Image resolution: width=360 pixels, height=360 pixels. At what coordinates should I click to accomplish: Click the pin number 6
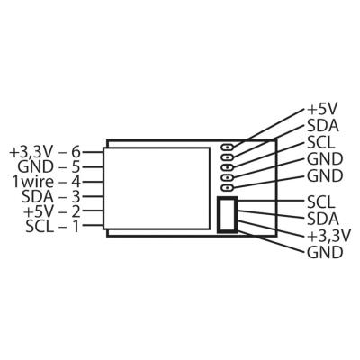pyautogui.click(x=76, y=152)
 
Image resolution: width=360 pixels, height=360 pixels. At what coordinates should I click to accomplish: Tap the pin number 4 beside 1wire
pyautogui.click(x=76, y=182)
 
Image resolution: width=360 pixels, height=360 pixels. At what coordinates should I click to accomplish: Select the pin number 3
pyautogui.click(x=76, y=197)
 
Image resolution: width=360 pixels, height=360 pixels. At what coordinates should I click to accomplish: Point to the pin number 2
pyautogui.click(x=76, y=211)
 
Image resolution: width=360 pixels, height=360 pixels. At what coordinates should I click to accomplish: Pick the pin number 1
pyautogui.click(x=76, y=226)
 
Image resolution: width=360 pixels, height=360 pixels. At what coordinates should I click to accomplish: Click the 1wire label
pyautogui.click(x=33, y=182)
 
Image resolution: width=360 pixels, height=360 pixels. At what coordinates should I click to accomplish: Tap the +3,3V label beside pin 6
pyautogui.click(x=31, y=153)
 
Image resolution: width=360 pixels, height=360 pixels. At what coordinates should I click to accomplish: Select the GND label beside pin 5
pyautogui.click(x=36, y=167)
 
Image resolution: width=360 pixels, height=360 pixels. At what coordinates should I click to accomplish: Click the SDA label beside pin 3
pyautogui.click(x=38, y=197)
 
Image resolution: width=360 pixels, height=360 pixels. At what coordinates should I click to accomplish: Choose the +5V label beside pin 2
pyautogui.click(x=39, y=211)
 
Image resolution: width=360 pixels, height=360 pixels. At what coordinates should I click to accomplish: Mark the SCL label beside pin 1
pyautogui.click(x=40, y=226)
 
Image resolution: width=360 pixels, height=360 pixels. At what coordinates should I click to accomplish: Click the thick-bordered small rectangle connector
pyautogui.click(x=228, y=214)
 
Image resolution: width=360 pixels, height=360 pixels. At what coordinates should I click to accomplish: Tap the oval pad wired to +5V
pyautogui.click(x=228, y=147)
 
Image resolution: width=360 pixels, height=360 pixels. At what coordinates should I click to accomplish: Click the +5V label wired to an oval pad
pyautogui.click(x=321, y=109)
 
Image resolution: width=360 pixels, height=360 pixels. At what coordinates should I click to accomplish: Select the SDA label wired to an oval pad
pyautogui.click(x=323, y=126)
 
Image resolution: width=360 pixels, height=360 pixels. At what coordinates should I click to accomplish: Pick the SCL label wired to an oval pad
pyautogui.click(x=320, y=143)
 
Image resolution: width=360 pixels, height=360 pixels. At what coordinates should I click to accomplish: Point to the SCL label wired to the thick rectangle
pyautogui.click(x=320, y=202)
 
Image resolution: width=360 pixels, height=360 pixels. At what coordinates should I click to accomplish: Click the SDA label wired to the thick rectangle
pyautogui.click(x=323, y=219)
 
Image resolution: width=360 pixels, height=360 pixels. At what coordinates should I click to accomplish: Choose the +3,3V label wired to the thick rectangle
pyautogui.click(x=328, y=237)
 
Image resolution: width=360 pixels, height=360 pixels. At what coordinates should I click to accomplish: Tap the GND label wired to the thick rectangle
pyautogui.click(x=325, y=253)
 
